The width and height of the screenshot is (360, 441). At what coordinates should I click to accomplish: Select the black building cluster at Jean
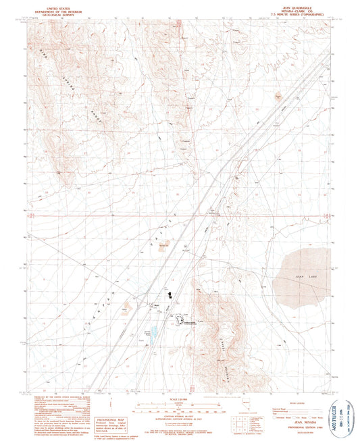tap(170, 294)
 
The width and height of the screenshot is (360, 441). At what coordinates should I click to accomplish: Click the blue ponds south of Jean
tap(155, 332)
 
